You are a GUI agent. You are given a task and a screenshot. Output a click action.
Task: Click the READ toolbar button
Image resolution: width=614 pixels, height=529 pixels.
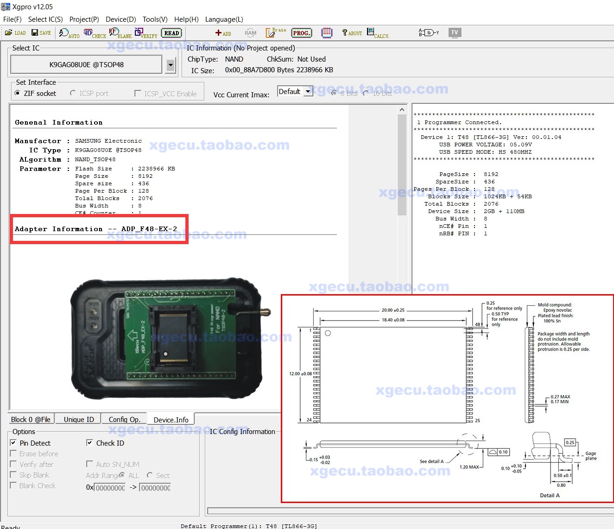click(171, 33)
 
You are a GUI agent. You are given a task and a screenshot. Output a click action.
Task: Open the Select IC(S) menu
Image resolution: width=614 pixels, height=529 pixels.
click(45, 19)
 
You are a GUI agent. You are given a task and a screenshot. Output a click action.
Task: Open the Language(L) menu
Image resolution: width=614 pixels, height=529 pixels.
click(224, 19)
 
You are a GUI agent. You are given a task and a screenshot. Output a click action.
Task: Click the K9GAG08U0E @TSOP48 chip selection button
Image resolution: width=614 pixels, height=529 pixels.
click(87, 65)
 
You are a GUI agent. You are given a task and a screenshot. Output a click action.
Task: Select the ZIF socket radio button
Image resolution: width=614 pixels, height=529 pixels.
click(18, 93)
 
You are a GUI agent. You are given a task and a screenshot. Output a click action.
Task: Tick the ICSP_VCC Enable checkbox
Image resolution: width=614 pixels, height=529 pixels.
click(138, 94)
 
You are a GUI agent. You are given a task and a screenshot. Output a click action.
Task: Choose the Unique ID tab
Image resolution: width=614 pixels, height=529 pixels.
click(79, 419)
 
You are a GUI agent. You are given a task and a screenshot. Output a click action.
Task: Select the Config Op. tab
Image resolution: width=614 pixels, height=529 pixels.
click(124, 419)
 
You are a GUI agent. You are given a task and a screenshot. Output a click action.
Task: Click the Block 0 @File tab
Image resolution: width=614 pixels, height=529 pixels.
click(31, 419)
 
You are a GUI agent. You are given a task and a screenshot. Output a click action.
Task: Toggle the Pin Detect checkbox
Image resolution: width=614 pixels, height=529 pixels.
click(13, 443)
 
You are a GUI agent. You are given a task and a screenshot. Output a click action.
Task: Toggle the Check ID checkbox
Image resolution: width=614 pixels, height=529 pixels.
click(90, 443)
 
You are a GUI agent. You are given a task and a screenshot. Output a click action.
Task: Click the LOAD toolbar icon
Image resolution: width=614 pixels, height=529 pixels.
click(15, 33)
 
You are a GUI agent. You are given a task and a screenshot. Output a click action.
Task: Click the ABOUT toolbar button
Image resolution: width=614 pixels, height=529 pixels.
click(352, 33)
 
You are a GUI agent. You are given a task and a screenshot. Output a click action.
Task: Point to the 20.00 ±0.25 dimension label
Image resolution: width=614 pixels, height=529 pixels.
click(393, 310)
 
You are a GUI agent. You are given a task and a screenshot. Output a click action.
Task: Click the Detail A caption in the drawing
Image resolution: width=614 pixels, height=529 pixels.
click(550, 495)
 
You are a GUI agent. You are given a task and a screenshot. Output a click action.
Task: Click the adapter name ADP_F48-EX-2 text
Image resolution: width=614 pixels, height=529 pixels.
click(149, 229)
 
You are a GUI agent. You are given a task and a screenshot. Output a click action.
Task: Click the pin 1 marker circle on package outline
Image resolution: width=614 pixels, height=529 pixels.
click(328, 333)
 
